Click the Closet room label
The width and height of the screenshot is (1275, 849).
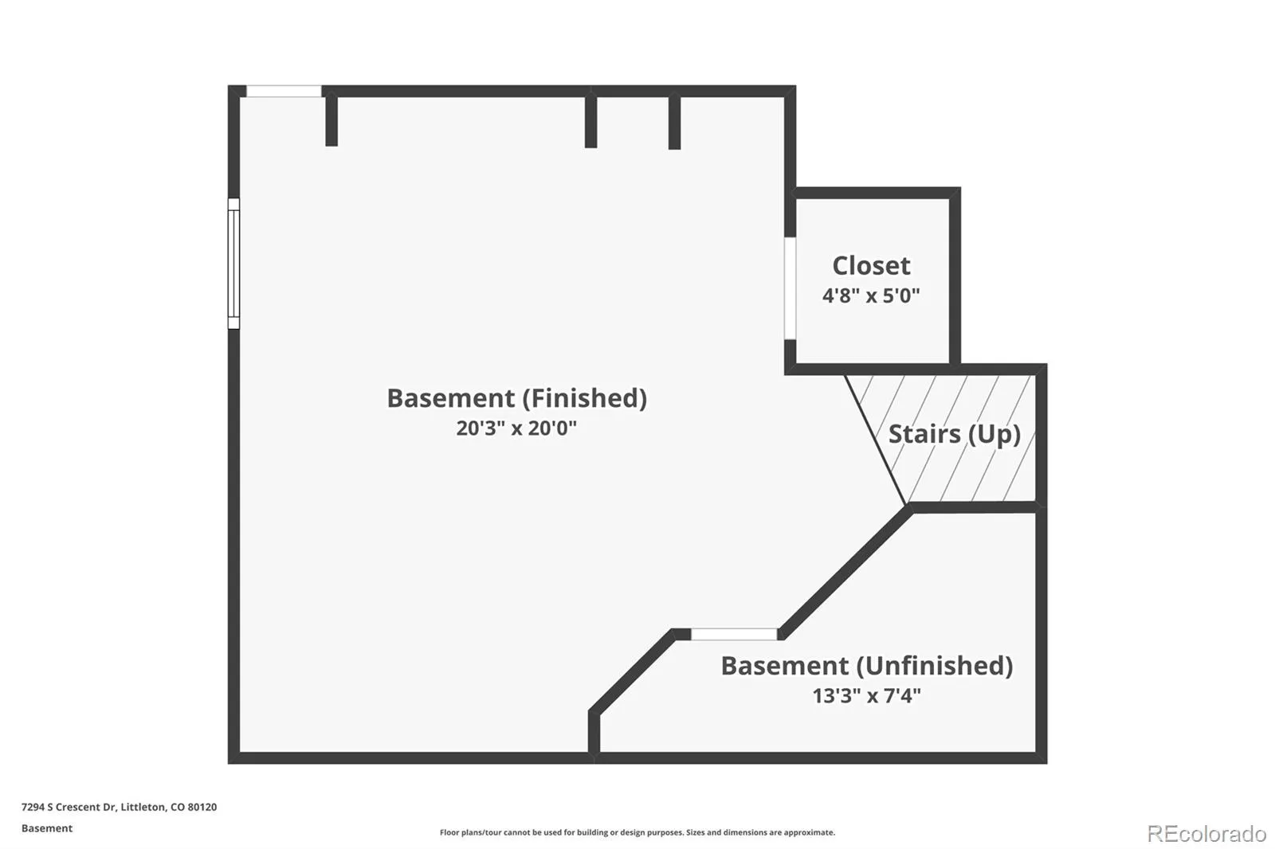pyautogui.click(x=871, y=266)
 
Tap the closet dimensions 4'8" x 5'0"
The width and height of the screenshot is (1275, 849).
pyautogui.click(x=871, y=295)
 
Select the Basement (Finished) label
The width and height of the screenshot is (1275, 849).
pyautogui.click(x=517, y=398)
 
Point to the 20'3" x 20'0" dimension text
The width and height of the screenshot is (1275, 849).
pyautogui.click(x=516, y=428)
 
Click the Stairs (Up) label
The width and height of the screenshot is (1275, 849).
pyautogui.click(x=955, y=434)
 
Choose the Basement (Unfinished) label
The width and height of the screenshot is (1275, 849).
pyautogui.click(x=867, y=666)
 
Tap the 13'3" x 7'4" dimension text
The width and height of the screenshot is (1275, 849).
pyautogui.click(x=866, y=695)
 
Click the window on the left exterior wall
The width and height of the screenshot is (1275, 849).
pyautogui.click(x=233, y=264)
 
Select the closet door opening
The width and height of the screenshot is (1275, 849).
pyautogui.click(x=790, y=288)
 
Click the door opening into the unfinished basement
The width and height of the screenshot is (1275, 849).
pyautogui.click(x=734, y=635)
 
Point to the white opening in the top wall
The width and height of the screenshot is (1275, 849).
pyautogui.click(x=284, y=91)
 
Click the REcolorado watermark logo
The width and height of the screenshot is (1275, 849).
pyautogui.click(x=1206, y=834)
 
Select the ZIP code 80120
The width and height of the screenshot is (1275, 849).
pyautogui.click(x=202, y=807)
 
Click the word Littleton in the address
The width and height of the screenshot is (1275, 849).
pyautogui.click(x=143, y=807)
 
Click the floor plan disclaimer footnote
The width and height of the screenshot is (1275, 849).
pyautogui.click(x=637, y=832)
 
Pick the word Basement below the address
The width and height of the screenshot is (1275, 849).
pyautogui.click(x=47, y=828)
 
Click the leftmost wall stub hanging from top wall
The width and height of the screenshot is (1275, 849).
pyautogui.click(x=331, y=121)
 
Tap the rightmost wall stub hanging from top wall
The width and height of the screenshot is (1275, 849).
pyautogui.click(x=674, y=123)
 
